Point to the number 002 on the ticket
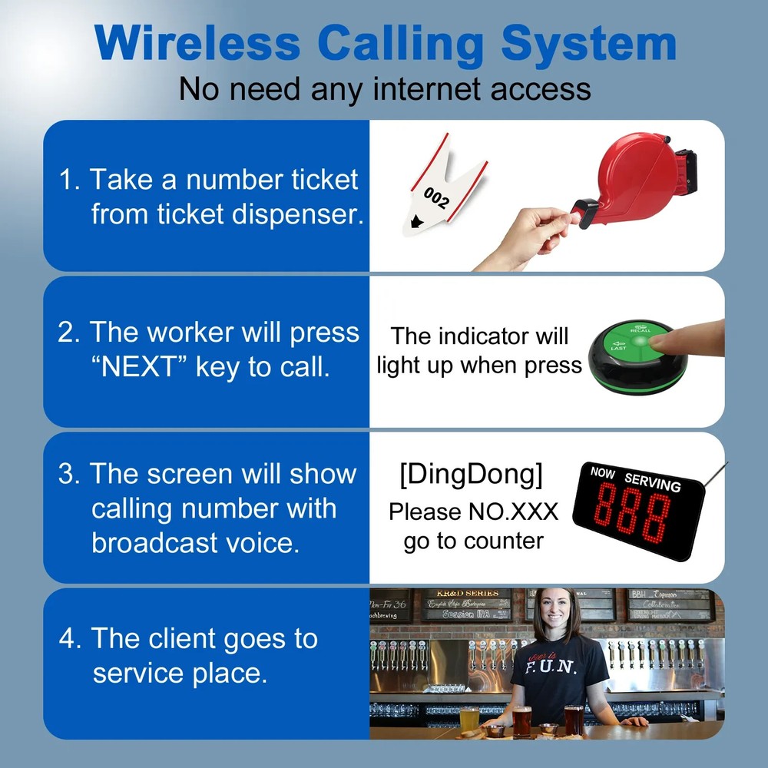pos(436,197)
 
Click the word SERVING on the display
pos(653,482)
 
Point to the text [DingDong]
pos(471,475)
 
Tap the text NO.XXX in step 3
pos(514,511)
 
